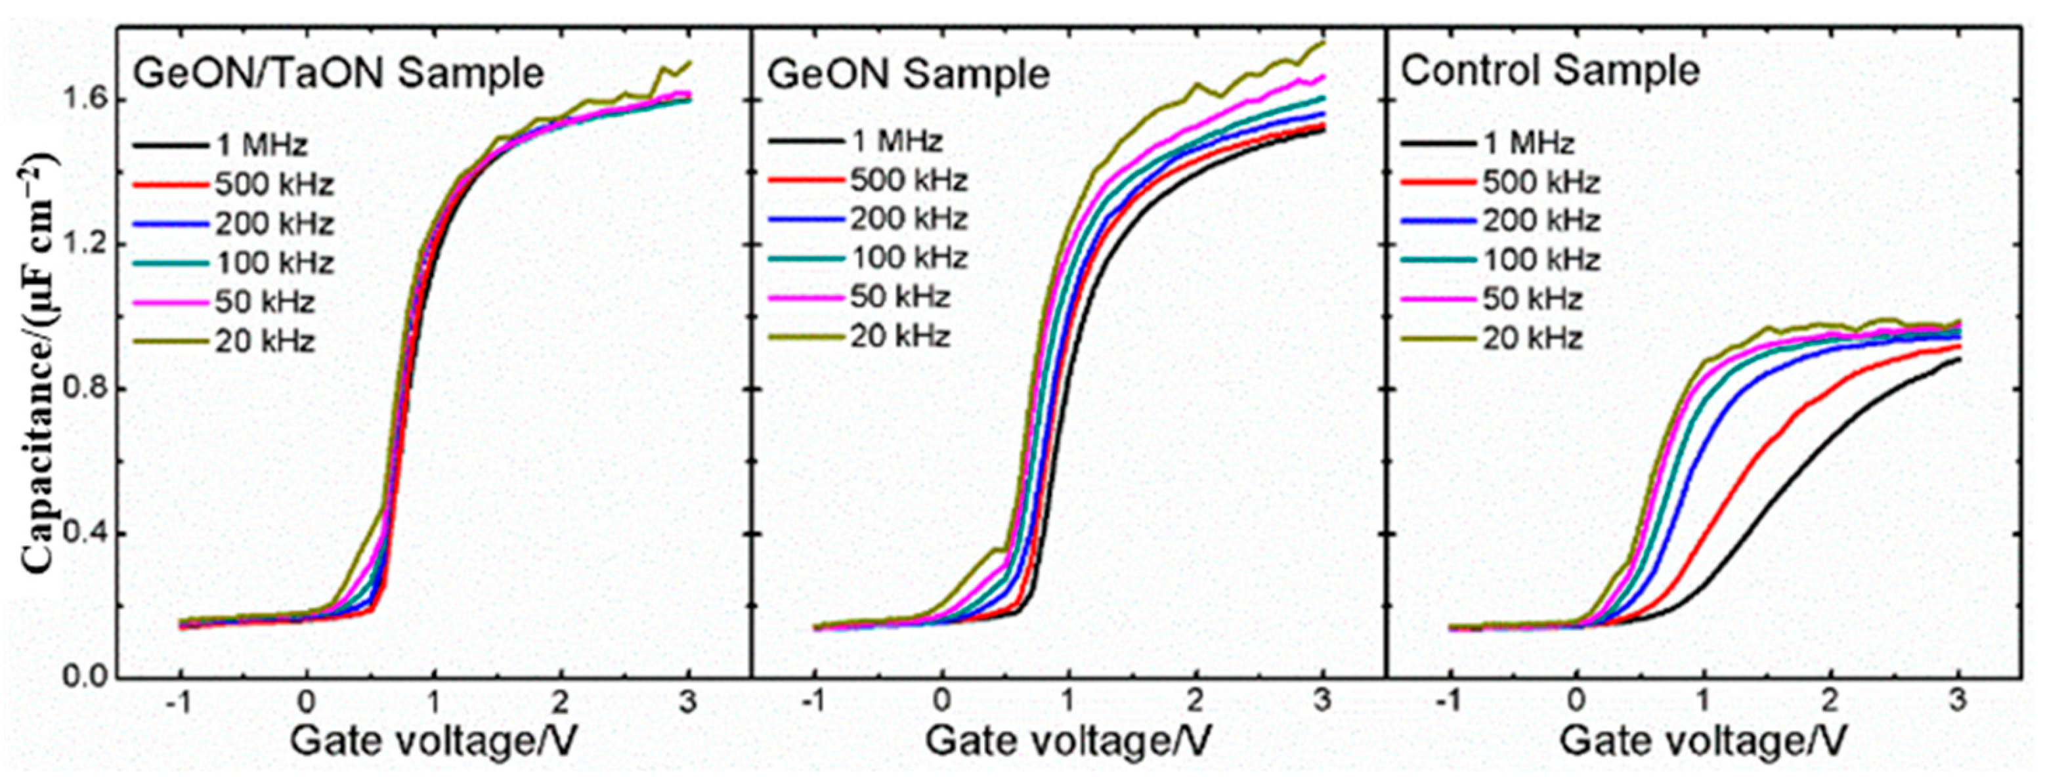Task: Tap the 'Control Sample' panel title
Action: click(x=1549, y=72)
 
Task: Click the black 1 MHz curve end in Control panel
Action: click(x=1958, y=360)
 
